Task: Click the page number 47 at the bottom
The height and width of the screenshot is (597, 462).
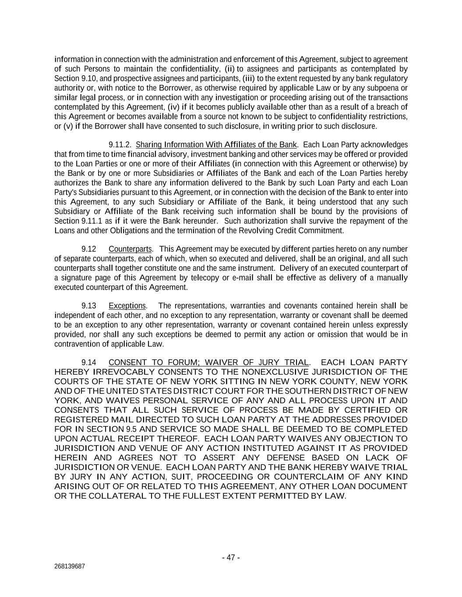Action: coord(231,557)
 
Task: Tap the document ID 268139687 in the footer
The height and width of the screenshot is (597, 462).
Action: coord(70,566)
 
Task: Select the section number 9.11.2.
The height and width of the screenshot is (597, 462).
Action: coord(120,145)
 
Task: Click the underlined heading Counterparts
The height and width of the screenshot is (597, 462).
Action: coord(130,249)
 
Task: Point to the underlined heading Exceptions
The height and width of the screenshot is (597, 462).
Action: coord(127,306)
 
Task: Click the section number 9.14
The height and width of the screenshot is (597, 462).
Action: coord(89,362)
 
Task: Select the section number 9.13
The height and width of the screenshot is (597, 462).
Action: coord(89,306)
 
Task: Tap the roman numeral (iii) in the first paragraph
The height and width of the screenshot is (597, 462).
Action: coord(248,78)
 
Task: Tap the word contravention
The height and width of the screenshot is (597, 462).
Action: coord(75,344)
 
